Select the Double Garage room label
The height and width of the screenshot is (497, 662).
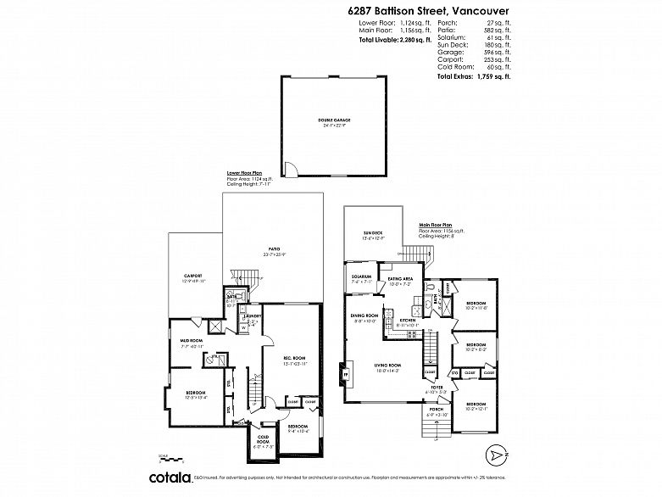click(335, 120)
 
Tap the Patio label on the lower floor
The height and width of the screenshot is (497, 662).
click(273, 249)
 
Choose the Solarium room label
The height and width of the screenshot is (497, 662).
click(362, 277)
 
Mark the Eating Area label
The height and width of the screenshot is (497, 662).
click(400, 278)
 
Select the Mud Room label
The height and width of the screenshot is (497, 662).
click(190, 342)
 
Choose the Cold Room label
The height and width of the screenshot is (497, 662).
click(264, 439)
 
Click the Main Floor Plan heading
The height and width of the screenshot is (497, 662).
click(436, 225)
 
